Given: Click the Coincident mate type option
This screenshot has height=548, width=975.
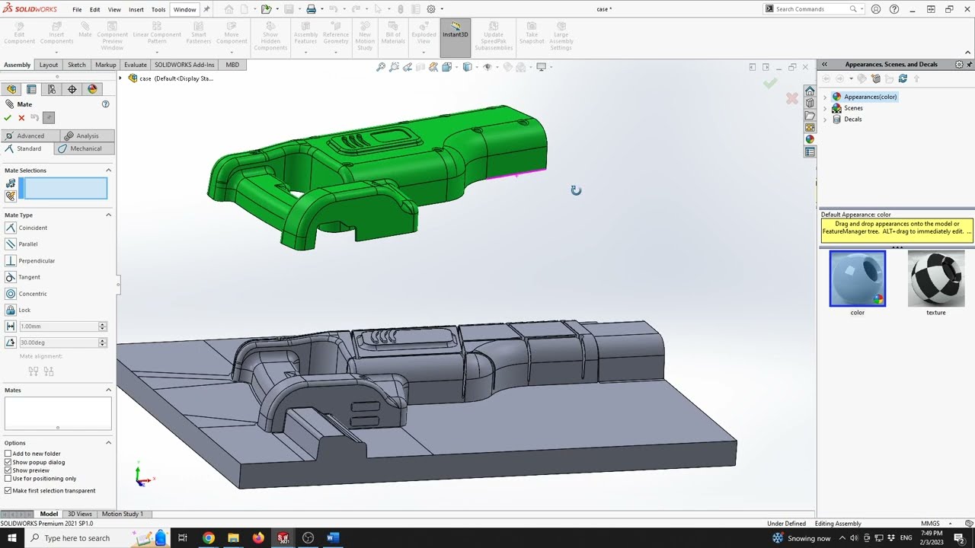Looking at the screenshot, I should click(32, 228).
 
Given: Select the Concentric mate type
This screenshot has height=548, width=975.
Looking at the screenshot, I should click(32, 294).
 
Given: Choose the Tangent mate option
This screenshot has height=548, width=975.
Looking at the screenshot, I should click(29, 277).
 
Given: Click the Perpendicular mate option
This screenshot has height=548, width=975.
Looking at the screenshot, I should click(36, 260).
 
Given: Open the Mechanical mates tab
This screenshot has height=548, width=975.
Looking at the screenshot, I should click(85, 148).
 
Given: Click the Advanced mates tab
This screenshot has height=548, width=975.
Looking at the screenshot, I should click(30, 135).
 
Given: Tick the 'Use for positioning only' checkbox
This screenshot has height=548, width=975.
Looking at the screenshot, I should click(8, 479).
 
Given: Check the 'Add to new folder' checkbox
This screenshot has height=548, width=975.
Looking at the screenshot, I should click(8, 454).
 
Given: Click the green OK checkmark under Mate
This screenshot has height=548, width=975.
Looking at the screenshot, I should click(8, 118).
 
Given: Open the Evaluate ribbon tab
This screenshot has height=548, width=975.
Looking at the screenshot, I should click(135, 65).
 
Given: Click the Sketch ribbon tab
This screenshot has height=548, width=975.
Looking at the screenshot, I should click(76, 65).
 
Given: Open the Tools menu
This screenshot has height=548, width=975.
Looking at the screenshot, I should click(158, 10).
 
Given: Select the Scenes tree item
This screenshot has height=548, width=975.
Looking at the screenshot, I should click(853, 108).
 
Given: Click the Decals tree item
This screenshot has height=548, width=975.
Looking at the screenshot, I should click(852, 119).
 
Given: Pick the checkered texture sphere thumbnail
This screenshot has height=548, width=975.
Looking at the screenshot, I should click(936, 279).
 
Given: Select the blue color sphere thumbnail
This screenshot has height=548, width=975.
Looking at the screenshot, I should click(858, 279).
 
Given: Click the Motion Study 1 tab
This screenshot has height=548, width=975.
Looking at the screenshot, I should click(122, 514).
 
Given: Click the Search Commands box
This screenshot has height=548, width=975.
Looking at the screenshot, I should click(811, 9).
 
